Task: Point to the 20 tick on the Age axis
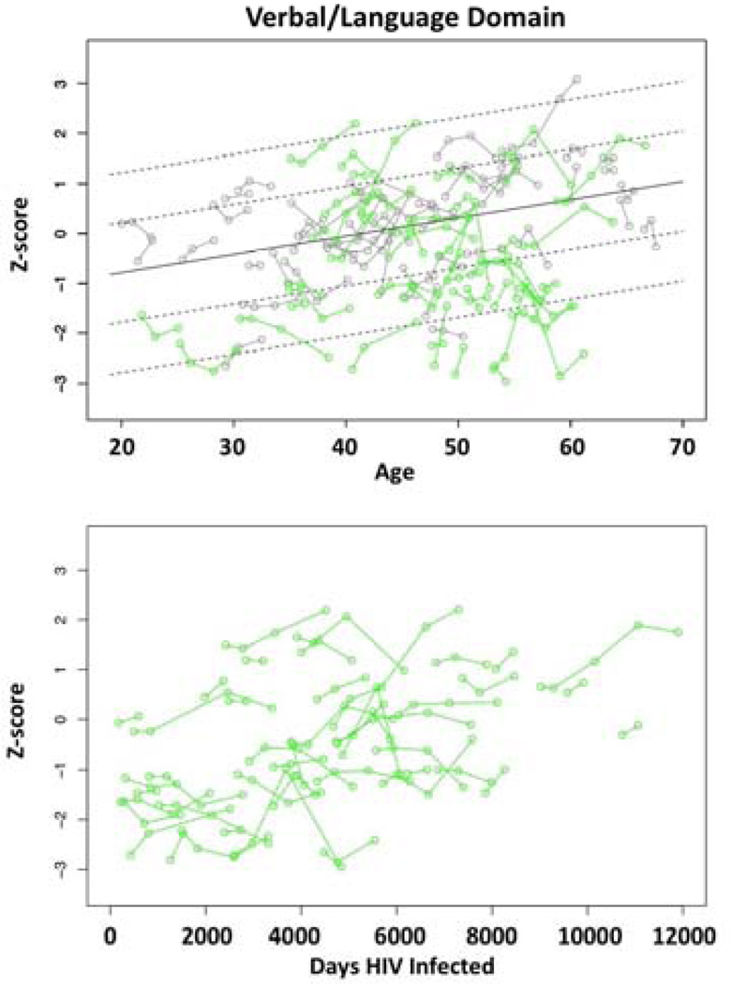point(121,448)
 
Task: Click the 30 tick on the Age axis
point(233,448)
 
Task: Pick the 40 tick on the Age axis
point(345,448)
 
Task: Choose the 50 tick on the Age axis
point(457,448)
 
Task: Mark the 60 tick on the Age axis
point(570,448)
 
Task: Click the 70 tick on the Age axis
point(681,448)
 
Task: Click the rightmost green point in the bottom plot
point(678,632)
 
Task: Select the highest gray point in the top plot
point(577,79)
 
